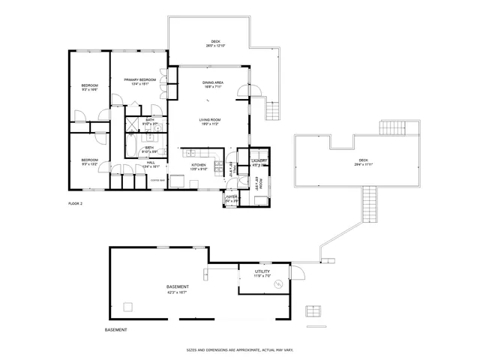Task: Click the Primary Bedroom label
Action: (140, 79)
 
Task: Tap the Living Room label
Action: (209, 120)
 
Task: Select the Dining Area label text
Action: (213, 82)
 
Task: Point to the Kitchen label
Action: (198, 164)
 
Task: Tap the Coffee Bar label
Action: (157, 181)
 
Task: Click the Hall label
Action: (151, 163)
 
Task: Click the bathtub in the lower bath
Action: (131, 144)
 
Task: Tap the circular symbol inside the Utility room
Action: (277, 283)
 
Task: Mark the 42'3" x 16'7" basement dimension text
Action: (178, 292)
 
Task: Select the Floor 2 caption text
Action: (75, 203)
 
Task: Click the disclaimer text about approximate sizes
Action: (239, 349)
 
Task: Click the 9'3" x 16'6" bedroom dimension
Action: (90, 89)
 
